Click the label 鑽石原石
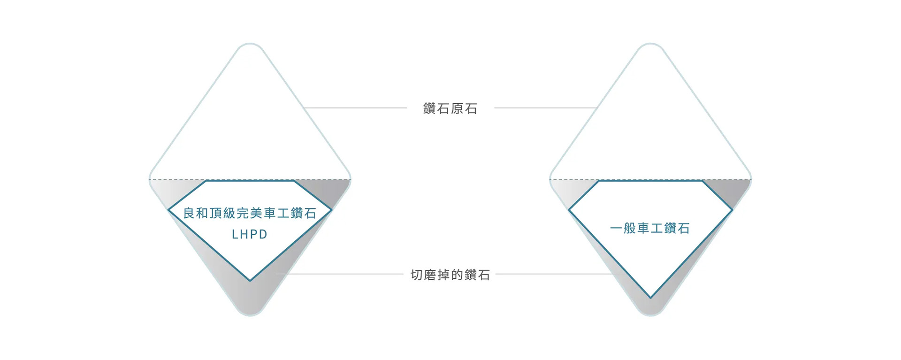pos(450,108)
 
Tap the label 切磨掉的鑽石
pos(450,275)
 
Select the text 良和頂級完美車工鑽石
pos(250,213)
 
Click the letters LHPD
pos(250,234)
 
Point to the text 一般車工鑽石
pos(650,229)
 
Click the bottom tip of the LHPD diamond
pos(250,281)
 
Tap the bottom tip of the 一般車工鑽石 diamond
pos(650,298)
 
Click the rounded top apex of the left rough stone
pos(250,44)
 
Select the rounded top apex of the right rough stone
pos(650,44)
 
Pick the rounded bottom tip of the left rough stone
pos(250,315)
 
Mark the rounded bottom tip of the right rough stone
pos(650,315)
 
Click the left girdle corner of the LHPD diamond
pos(168,210)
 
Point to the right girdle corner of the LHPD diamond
pos(331,210)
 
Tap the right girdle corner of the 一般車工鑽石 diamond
pos(732,210)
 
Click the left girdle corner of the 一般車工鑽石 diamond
pos(569,210)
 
